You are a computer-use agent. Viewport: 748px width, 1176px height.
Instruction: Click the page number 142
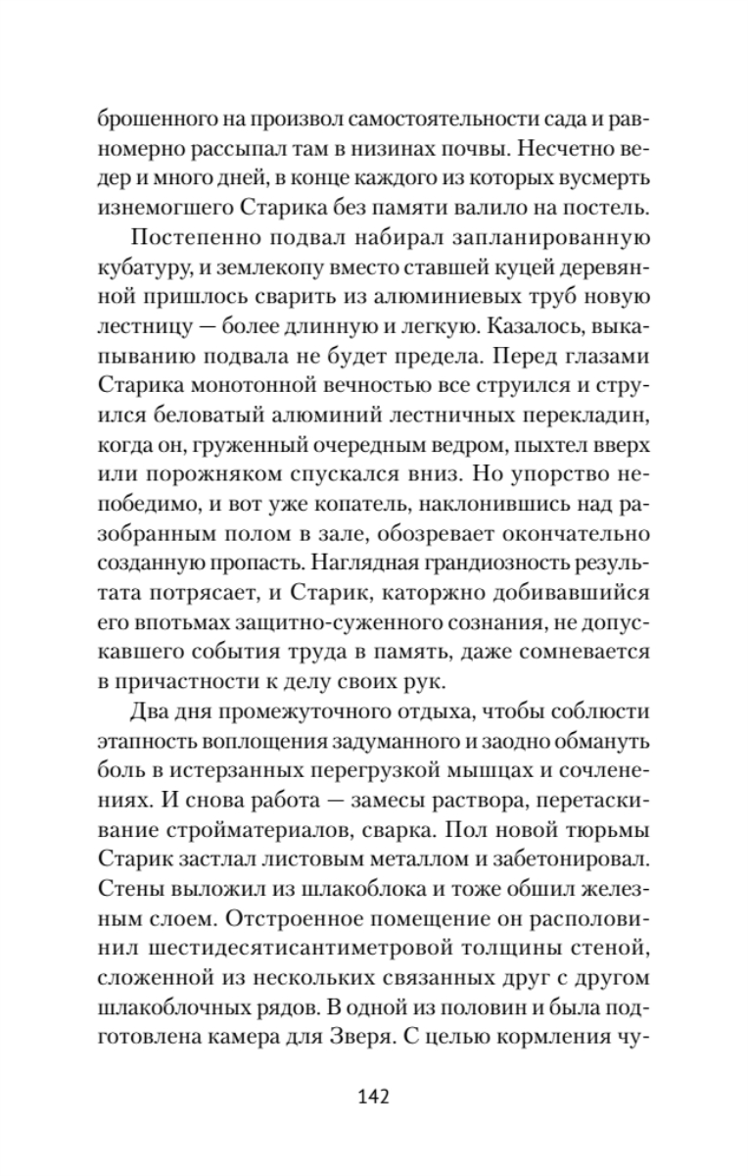(373, 1096)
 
